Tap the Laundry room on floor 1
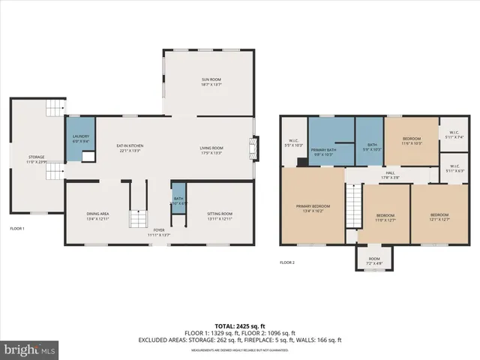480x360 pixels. [80, 139]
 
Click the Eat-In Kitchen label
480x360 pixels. [131, 148]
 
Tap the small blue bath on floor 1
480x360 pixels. [178, 198]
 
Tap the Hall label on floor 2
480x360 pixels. [390, 175]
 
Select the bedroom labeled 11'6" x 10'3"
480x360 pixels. [411, 141]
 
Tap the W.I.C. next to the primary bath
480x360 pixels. [295, 142]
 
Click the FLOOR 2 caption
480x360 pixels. [287, 263]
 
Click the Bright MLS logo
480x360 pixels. [30, 349]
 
